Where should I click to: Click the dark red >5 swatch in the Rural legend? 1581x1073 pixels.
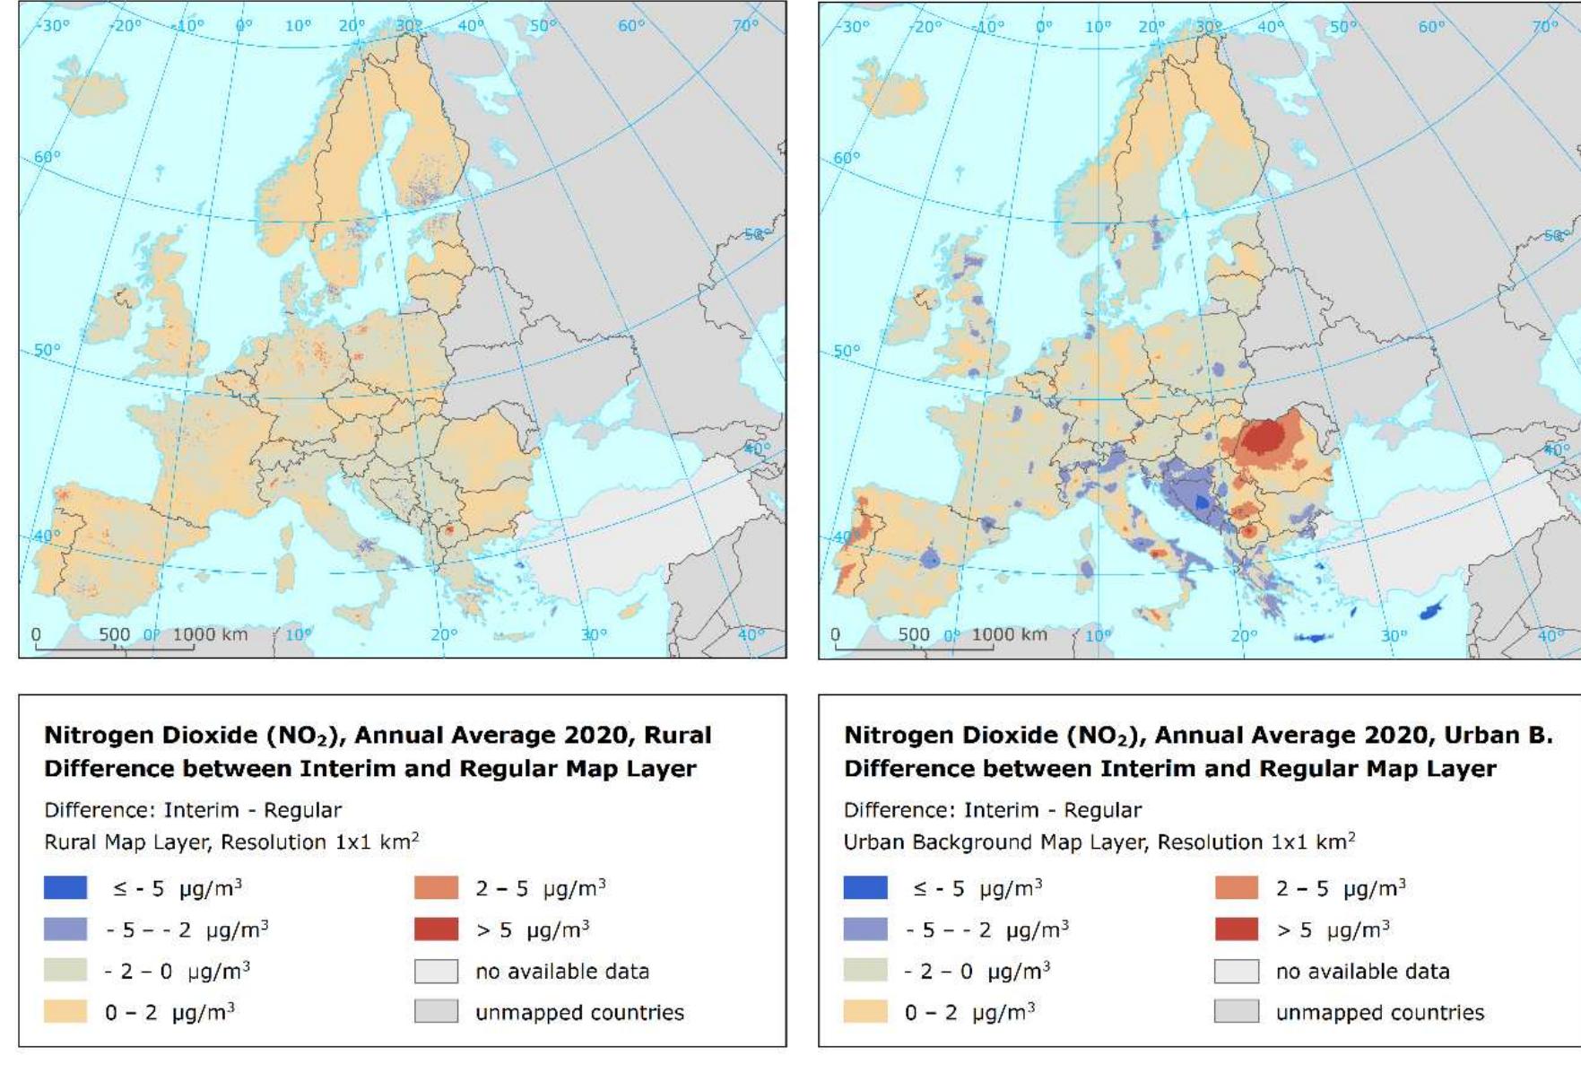click(436, 929)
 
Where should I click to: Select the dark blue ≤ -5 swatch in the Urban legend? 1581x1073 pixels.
click(865, 887)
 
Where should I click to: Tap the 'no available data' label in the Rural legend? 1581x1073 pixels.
click(561, 971)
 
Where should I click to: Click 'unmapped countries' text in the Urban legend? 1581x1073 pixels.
click(1379, 1012)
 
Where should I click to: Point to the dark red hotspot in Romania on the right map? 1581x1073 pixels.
click(1265, 438)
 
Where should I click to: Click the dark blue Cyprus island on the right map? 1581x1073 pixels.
click(1432, 610)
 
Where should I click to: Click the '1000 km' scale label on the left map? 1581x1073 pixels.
click(210, 634)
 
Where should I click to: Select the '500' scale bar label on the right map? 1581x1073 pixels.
click(914, 634)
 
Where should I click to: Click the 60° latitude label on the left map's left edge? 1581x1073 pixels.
click(47, 157)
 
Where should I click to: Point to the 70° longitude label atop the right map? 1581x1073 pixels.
click(1544, 26)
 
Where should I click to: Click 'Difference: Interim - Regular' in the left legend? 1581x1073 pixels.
click(193, 810)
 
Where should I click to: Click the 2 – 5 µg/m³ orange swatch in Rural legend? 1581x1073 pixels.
click(436, 887)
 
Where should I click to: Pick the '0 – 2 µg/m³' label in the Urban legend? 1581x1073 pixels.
click(972, 1012)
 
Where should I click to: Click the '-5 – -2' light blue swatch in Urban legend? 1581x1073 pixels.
click(865, 929)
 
